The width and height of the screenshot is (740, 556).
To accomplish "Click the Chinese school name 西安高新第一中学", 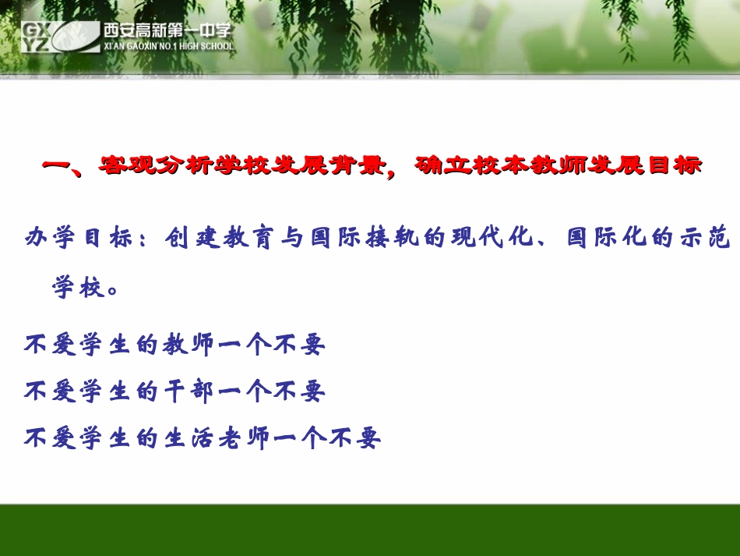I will (x=167, y=30).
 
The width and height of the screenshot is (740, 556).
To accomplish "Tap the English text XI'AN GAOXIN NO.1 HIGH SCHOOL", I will (x=167, y=46).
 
